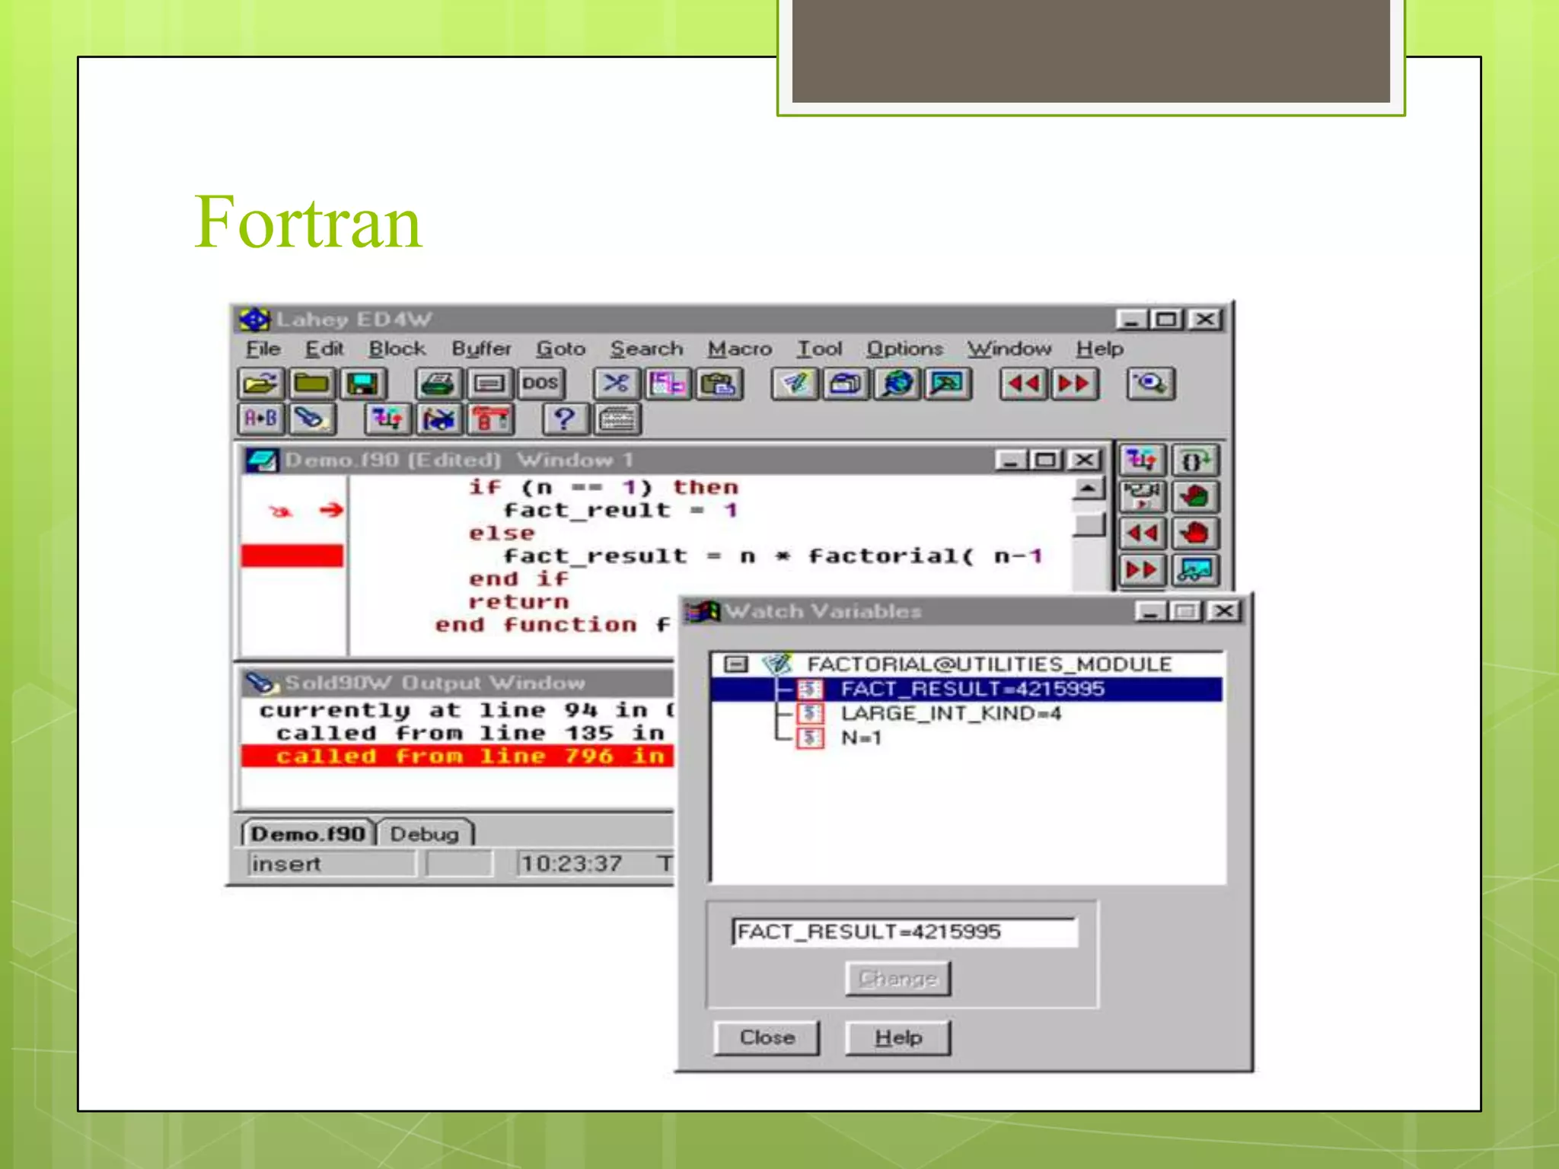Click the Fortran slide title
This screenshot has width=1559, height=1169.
308,222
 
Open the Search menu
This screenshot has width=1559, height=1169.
646,349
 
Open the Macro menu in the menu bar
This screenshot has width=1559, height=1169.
739,349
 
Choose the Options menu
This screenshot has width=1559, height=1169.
904,349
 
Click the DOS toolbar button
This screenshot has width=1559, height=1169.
540,383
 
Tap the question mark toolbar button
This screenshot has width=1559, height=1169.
564,419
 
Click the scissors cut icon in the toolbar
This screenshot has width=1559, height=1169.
615,383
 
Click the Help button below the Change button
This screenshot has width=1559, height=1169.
897,1037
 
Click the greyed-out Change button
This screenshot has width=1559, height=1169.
897,978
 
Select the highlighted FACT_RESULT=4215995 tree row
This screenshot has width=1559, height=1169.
971,689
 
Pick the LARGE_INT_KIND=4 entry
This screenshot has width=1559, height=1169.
950,713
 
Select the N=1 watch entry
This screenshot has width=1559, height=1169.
860,737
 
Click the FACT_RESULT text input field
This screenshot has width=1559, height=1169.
904,932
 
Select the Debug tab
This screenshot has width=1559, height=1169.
424,834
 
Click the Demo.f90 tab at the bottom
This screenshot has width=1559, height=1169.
308,834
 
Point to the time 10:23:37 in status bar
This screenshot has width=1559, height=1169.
571,864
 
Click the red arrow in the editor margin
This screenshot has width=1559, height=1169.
331,510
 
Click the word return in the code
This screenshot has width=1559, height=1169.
518,602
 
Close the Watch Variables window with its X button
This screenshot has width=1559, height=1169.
1224,611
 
